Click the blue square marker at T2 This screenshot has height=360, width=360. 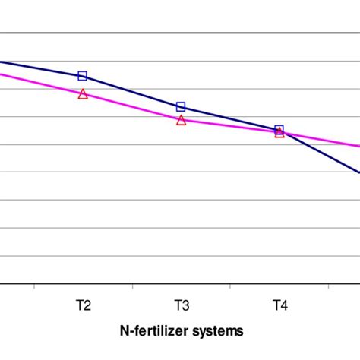83,76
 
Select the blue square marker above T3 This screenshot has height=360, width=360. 181,107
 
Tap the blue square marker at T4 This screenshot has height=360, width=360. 279,130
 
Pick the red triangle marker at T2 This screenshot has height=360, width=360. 83,94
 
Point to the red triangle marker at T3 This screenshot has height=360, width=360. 181,120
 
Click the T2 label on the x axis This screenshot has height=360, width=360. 83,306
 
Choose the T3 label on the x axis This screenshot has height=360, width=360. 182,306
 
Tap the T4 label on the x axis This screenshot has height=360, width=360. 279,306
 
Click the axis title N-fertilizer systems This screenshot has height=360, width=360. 182,331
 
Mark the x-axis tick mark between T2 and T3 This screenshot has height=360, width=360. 132,286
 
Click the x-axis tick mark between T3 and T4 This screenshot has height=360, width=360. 230,286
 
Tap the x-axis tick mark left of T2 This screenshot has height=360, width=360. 34,286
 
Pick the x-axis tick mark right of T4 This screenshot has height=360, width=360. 328,286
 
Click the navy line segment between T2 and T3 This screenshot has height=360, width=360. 132,92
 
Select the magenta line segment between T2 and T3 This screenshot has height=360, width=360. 132,107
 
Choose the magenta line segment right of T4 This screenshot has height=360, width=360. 323,140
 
